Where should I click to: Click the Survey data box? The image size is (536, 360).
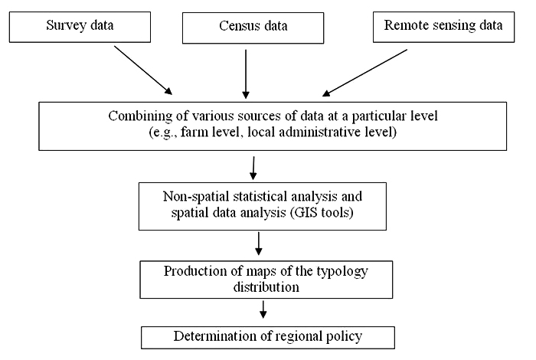(x=80, y=28)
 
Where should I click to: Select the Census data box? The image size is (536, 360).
(x=253, y=28)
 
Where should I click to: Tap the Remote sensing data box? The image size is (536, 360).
(x=443, y=28)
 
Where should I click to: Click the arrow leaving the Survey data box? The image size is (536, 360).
(x=143, y=70)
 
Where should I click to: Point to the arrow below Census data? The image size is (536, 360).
(x=246, y=74)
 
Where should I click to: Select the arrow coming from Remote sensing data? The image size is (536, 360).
(x=364, y=73)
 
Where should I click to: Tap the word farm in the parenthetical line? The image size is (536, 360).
(x=193, y=132)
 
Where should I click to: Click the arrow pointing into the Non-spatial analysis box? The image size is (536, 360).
(x=253, y=169)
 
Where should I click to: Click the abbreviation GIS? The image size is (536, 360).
(x=304, y=213)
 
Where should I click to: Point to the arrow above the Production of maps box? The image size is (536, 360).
(x=259, y=244)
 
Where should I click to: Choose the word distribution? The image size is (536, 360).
(x=266, y=287)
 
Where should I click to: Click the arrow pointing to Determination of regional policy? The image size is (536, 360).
(x=263, y=309)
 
